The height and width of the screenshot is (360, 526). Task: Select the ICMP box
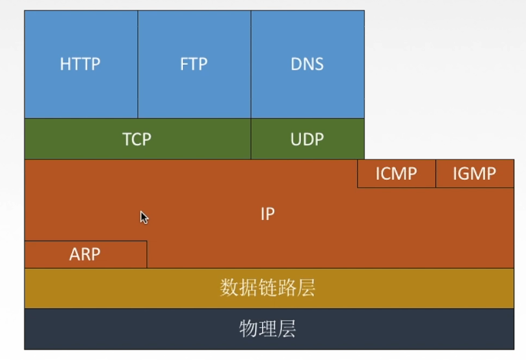pyautogui.click(x=396, y=174)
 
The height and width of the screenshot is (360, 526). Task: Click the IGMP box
pyautogui.click(x=475, y=174)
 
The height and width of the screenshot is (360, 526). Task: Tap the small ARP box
pyautogui.click(x=85, y=254)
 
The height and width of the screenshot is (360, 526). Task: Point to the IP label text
pyautogui.click(x=268, y=214)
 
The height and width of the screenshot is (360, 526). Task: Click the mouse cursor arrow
pyautogui.click(x=144, y=217)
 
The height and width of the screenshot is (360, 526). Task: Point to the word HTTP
pyautogui.click(x=81, y=65)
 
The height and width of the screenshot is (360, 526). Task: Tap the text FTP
pyautogui.click(x=194, y=65)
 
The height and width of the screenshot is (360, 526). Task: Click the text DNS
pyautogui.click(x=307, y=65)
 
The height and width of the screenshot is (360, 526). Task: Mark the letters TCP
pyautogui.click(x=137, y=139)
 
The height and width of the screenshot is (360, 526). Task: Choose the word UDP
pyautogui.click(x=307, y=139)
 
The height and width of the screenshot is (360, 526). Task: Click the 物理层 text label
pyautogui.click(x=268, y=329)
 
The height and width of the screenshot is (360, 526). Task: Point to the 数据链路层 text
pyautogui.click(x=268, y=288)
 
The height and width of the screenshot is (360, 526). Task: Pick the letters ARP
pyautogui.click(x=85, y=254)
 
